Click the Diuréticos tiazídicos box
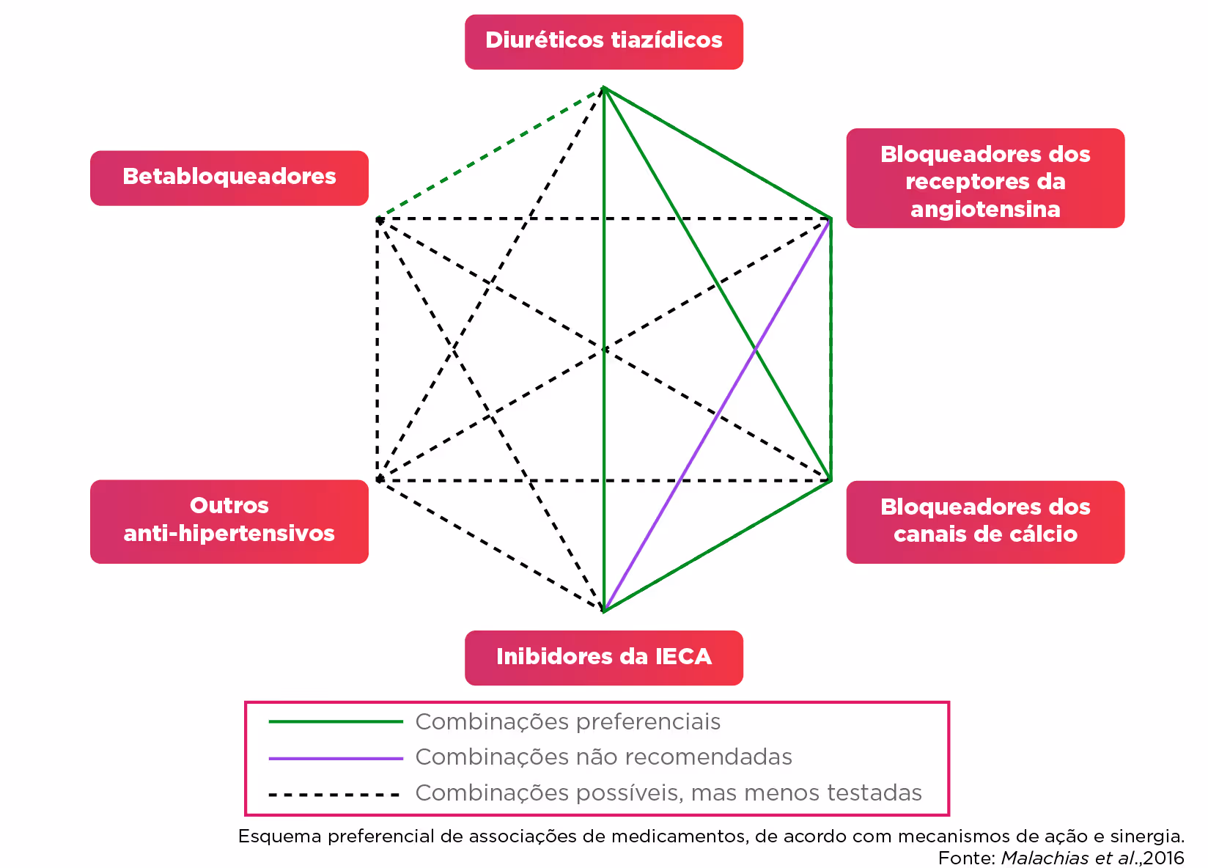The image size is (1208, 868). tap(603, 41)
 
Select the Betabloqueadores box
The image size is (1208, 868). tap(229, 177)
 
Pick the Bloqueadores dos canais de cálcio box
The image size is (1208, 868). tap(984, 521)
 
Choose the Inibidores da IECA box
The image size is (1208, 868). tap(603, 657)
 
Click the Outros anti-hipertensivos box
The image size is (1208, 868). tap(229, 521)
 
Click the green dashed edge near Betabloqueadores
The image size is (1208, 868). tap(490, 153)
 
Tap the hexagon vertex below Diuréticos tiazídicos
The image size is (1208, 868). tap(603, 88)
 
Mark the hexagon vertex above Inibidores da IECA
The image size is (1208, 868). tap(603, 610)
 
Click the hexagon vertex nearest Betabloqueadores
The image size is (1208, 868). tap(378, 218)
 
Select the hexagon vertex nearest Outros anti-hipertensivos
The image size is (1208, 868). tap(378, 480)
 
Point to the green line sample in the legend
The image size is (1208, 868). tap(336, 722)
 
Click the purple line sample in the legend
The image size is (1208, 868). tap(336, 758)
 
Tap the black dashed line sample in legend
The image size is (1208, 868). tap(336, 794)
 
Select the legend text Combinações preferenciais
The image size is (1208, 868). tap(567, 722)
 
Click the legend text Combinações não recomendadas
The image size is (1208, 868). tap(603, 757)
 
